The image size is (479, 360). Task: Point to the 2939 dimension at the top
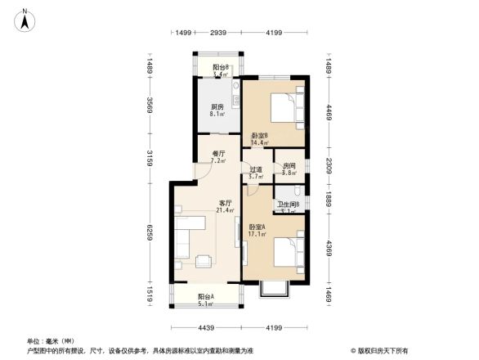(x=217, y=33)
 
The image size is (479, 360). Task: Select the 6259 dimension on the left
(x=150, y=236)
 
